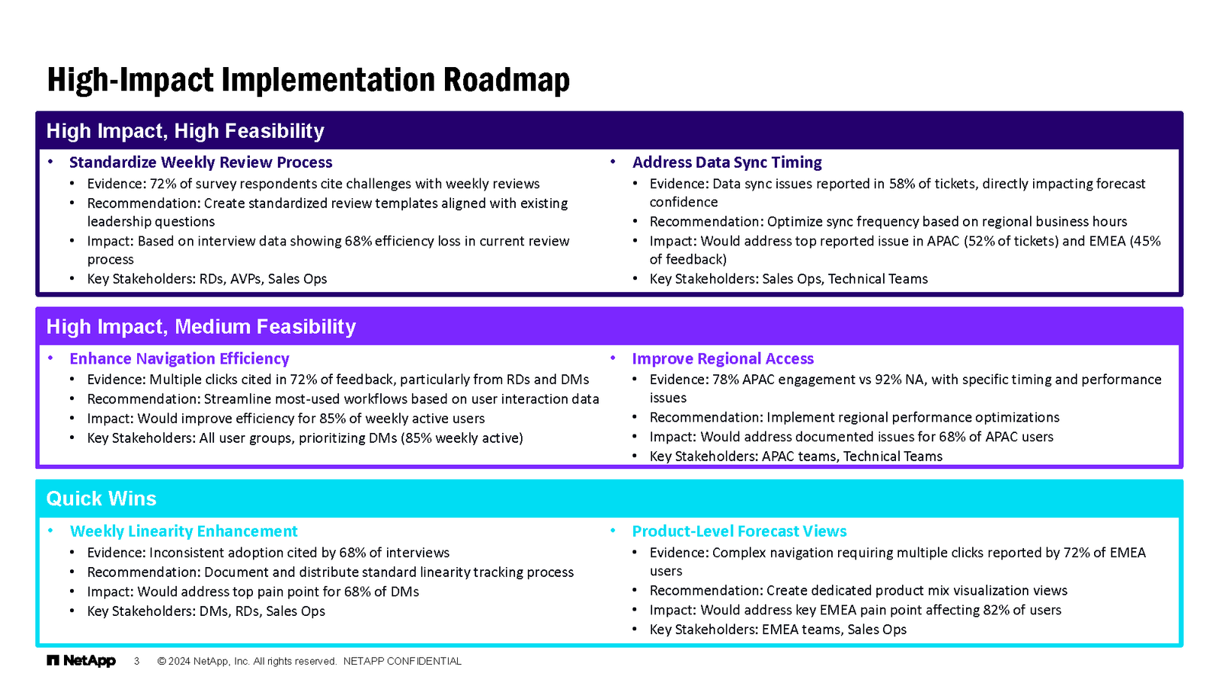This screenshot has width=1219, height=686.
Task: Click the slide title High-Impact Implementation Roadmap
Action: point(309,80)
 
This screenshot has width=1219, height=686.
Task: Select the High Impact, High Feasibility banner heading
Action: point(185,131)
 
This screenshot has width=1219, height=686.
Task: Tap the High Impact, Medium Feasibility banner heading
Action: point(201,327)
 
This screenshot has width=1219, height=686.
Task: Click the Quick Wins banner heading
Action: point(101,498)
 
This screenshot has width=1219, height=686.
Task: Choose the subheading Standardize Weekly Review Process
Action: point(201,162)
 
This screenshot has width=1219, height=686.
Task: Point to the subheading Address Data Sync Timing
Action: point(727,162)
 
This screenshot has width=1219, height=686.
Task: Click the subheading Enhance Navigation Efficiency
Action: point(179,359)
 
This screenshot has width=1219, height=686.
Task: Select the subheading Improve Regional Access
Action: point(723,359)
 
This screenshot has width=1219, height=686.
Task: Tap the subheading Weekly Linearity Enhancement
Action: point(184,531)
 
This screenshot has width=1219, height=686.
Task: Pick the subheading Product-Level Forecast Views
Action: point(739,531)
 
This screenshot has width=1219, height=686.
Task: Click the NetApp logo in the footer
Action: point(81,661)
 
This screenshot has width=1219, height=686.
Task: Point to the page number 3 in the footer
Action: point(136,662)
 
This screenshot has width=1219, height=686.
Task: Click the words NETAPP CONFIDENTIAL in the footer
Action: point(402,662)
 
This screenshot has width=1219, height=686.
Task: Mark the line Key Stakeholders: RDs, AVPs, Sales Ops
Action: point(206,279)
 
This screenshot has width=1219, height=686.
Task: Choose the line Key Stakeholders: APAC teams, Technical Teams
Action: point(795,457)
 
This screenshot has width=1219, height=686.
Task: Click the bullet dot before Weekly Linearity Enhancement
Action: point(50,531)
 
